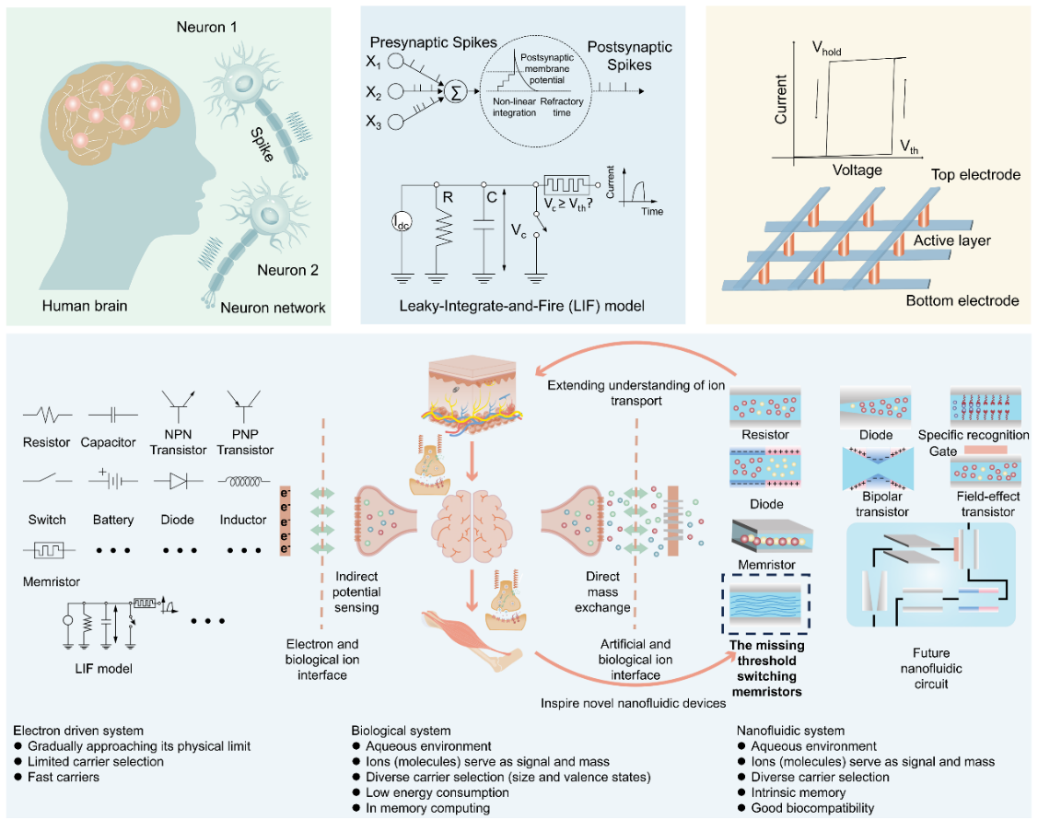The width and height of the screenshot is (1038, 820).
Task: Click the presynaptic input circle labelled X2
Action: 396,91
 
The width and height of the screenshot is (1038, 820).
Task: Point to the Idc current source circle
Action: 402,222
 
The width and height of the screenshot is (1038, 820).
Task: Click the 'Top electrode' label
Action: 975,175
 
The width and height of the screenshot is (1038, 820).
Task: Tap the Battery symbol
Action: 112,480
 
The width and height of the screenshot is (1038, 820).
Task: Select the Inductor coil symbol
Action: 243,480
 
